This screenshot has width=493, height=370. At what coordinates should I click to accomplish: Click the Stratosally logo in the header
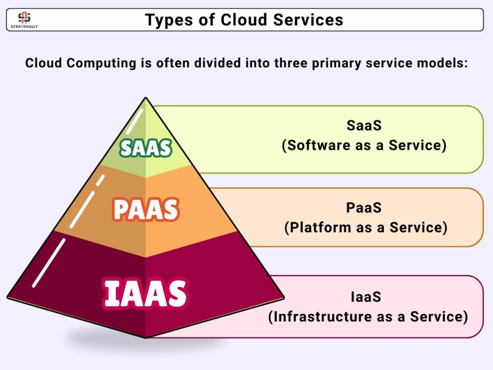click(24, 20)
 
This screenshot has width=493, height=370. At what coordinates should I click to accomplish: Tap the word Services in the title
click(308, 20)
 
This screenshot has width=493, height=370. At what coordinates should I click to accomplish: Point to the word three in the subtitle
click(291, 63)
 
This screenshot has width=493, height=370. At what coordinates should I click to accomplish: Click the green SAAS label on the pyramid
click(145, 148)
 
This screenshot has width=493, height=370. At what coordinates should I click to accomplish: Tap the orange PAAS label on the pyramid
click(146, 210)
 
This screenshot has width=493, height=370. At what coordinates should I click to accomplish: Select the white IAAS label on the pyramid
click(145, 293)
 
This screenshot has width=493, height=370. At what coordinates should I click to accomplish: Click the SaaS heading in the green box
click(364, 126)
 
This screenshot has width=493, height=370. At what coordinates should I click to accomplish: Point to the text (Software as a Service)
click(364, 145)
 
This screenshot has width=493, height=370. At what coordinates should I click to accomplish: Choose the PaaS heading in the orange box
click(364, 208)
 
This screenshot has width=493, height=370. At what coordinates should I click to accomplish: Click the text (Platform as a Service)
click(366, 227)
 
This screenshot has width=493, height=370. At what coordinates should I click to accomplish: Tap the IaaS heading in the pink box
click(366, 297)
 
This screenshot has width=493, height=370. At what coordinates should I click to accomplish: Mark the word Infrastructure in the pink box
click(322, 317)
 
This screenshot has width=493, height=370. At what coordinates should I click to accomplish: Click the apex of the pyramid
click(145, 97)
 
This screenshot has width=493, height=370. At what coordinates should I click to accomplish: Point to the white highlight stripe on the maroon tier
click(49, 263)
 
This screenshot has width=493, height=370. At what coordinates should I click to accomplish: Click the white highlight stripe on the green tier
click(135, 121)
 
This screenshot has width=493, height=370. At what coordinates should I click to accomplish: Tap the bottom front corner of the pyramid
click(145, 338)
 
